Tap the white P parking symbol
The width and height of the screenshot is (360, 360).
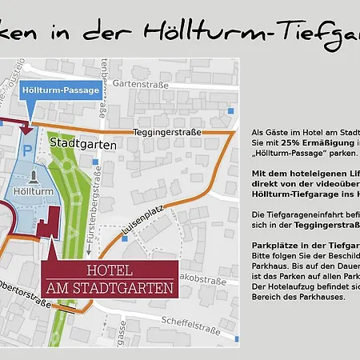coord(28,150)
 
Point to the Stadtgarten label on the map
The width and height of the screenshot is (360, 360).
coord(84,145)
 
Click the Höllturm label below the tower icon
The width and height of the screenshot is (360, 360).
coord(34,193)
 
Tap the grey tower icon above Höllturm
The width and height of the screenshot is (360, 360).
coord(34,177)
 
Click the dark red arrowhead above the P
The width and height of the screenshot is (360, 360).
coord(28,127)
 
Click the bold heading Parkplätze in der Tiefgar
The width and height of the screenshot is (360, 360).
coord(304,244)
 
